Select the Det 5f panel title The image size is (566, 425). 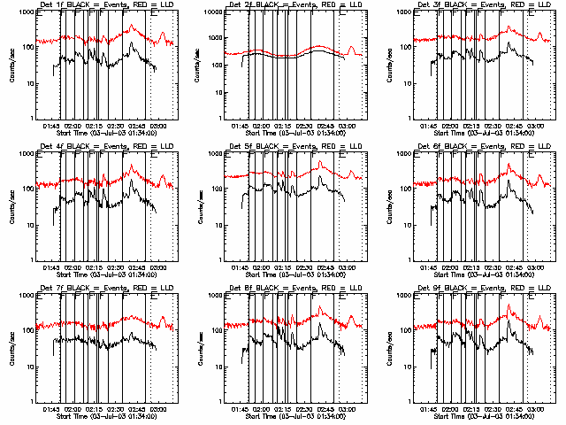point(288,147)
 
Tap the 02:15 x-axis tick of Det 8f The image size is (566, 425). point(283,409)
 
